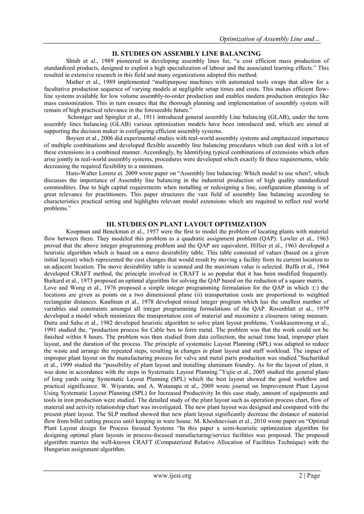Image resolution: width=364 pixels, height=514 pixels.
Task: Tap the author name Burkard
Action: pos(56,281)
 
